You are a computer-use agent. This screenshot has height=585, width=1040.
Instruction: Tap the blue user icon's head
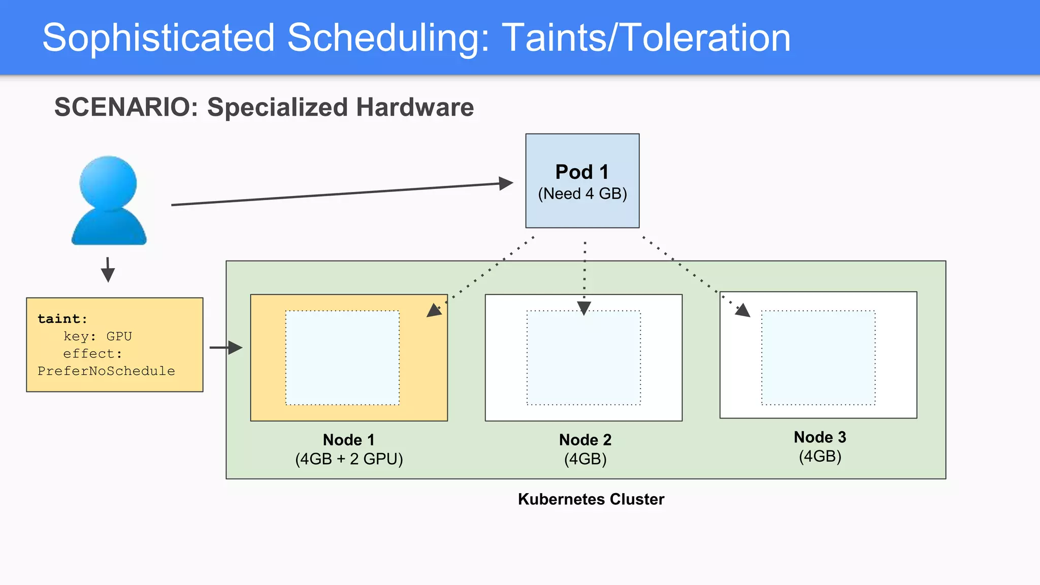pyautogui.click(x=108, y=183)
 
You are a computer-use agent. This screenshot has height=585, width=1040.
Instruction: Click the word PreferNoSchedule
pyautogui.click(x=106, y=371)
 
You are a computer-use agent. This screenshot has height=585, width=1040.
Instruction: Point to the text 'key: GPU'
pyautogui.click(x=97, y=336)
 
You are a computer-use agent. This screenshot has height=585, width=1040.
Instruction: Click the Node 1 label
pyautogui.click(x=349, y=440)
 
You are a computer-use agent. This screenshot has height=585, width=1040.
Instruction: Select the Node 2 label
pyautogui.click(x=585, y=440)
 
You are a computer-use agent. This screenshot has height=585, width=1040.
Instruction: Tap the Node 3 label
pyautogui.click(x=820, y=437)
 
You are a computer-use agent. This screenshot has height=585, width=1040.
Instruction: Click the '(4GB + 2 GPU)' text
pyautogui.click(x=349, y=459)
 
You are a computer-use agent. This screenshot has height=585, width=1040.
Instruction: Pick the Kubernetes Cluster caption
pyautogui.click(x=591, y=499)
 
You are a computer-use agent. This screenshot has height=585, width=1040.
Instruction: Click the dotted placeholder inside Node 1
pyautogui.click(x=342, y=357)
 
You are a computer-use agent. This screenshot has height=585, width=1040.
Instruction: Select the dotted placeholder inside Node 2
pyautogui.click(x=583, y=357)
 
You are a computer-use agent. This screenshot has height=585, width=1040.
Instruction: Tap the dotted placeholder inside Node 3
pyautogui.click(x=818, y=357)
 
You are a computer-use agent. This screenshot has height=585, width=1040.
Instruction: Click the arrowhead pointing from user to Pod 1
pyautogui.click(x=506, y=183)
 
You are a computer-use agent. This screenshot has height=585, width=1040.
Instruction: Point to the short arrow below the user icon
pyautogui.click(x=108, y=270)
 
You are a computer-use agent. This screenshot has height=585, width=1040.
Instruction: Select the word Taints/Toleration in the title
pyautogui.click(x=646, y=38)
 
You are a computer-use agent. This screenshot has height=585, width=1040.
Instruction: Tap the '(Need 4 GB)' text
pyautogui.click(x=582, y=194)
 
